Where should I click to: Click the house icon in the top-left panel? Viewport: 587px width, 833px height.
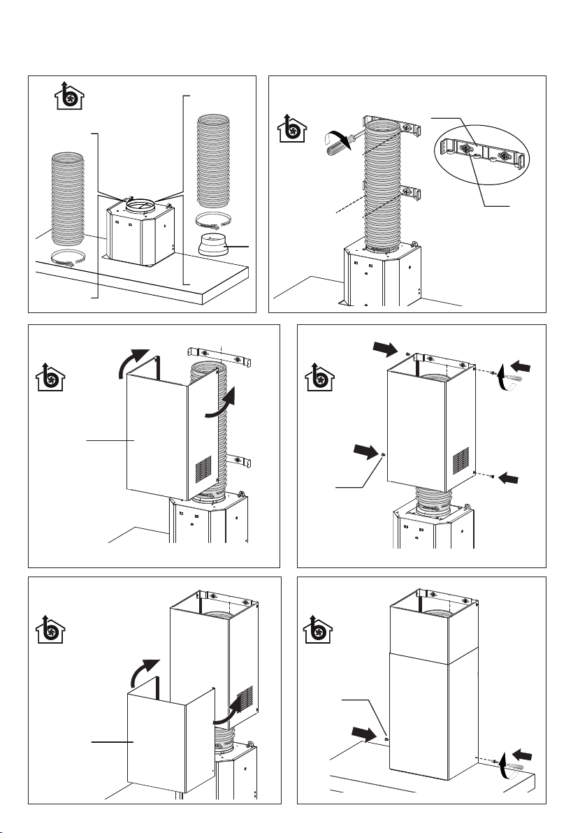coord(66,96)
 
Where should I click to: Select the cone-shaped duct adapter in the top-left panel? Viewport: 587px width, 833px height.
coord(215,247)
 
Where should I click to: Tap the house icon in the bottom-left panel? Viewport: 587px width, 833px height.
coord(49,634)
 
